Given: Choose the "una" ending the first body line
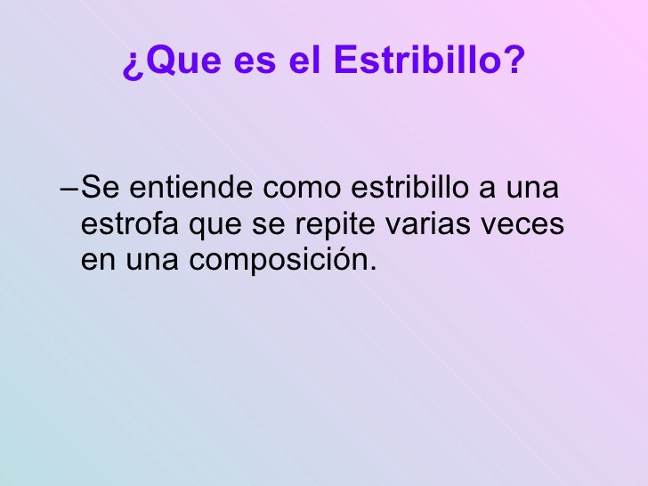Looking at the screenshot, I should [539, 190].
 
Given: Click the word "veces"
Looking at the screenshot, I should [521, 225].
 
